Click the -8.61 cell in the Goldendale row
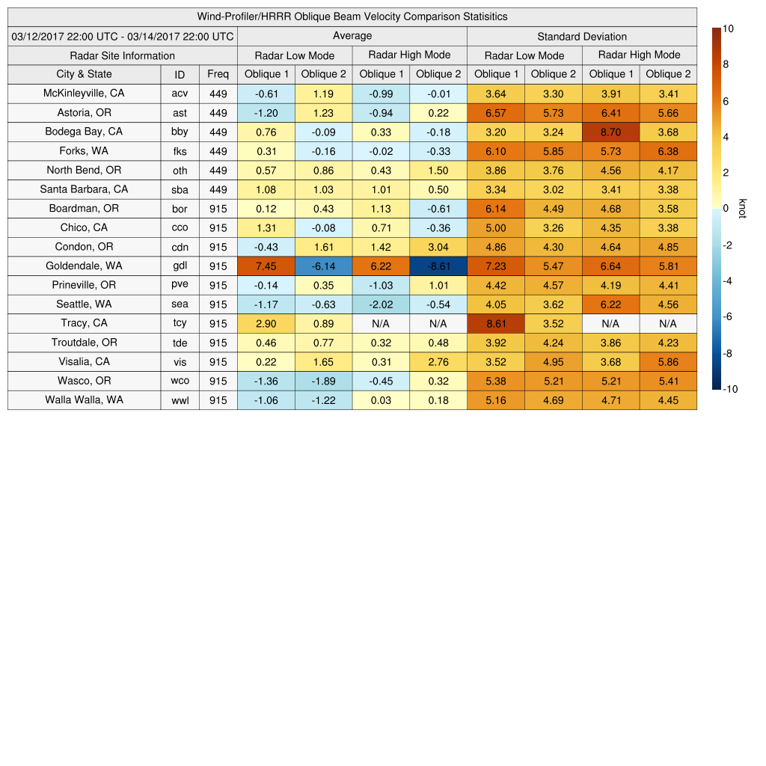point(438,266)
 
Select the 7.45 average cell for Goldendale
point(266,266)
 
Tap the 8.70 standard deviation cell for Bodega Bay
point(610,132)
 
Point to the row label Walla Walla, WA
point(84,400)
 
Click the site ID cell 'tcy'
point(180,323)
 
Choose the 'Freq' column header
point(218,74)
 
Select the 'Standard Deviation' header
point(582,37)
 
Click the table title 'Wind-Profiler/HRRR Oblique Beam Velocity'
point(352,16)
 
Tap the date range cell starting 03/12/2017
point(123,36)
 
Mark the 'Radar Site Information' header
point(123,55)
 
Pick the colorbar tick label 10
point(728,28)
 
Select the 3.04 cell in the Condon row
point(438,247)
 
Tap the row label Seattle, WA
point(84,304)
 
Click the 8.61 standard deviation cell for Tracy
point(495,323)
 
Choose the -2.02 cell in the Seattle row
point(381,304)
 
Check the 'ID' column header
point(180,74)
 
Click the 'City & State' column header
point(84,74)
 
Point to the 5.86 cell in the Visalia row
point(668,362)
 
